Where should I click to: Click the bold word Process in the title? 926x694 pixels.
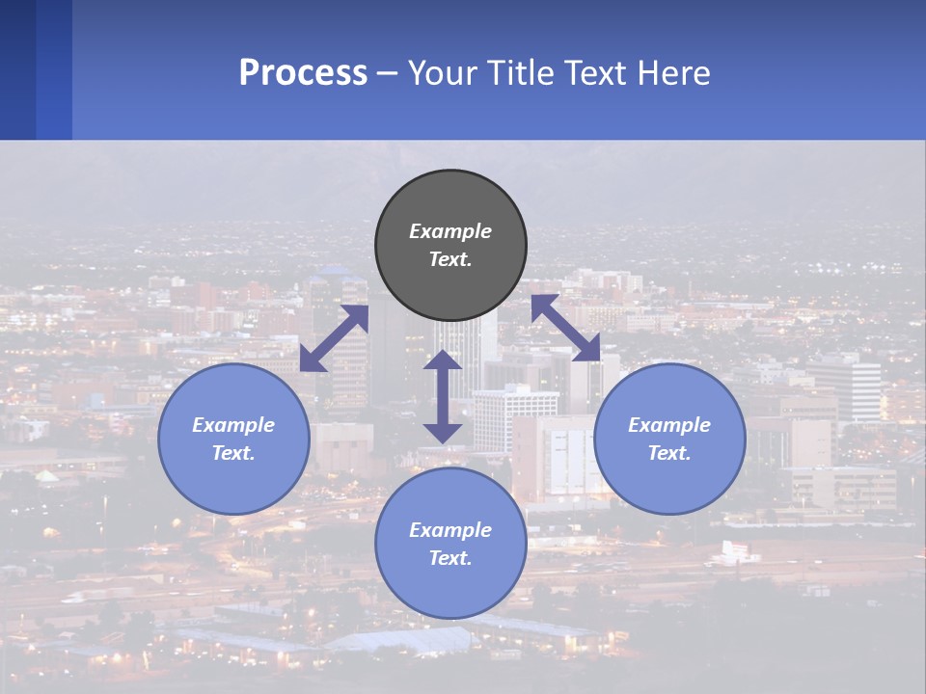tap(303, 73)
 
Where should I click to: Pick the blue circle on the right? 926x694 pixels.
tap(669, 477)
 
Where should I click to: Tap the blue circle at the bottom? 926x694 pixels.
tap(450, 588)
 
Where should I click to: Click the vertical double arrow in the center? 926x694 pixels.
tap(443, 396)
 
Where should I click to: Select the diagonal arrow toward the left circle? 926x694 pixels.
tap(334, 338)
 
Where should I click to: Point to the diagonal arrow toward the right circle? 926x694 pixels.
tap(565, 328)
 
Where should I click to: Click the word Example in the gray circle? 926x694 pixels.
tap(450, 231)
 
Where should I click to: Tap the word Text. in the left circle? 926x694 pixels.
tap(233, 453)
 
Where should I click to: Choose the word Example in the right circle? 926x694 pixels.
tap(669, 425)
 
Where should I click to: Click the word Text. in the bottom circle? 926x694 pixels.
tap(450, 558)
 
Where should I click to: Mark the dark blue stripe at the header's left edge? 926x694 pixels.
tap(17, 69)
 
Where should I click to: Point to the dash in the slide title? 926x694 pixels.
tap(387, 73)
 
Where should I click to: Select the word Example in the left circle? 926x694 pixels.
tap(233, 425)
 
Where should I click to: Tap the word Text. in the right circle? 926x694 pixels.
tap(669, 453)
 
